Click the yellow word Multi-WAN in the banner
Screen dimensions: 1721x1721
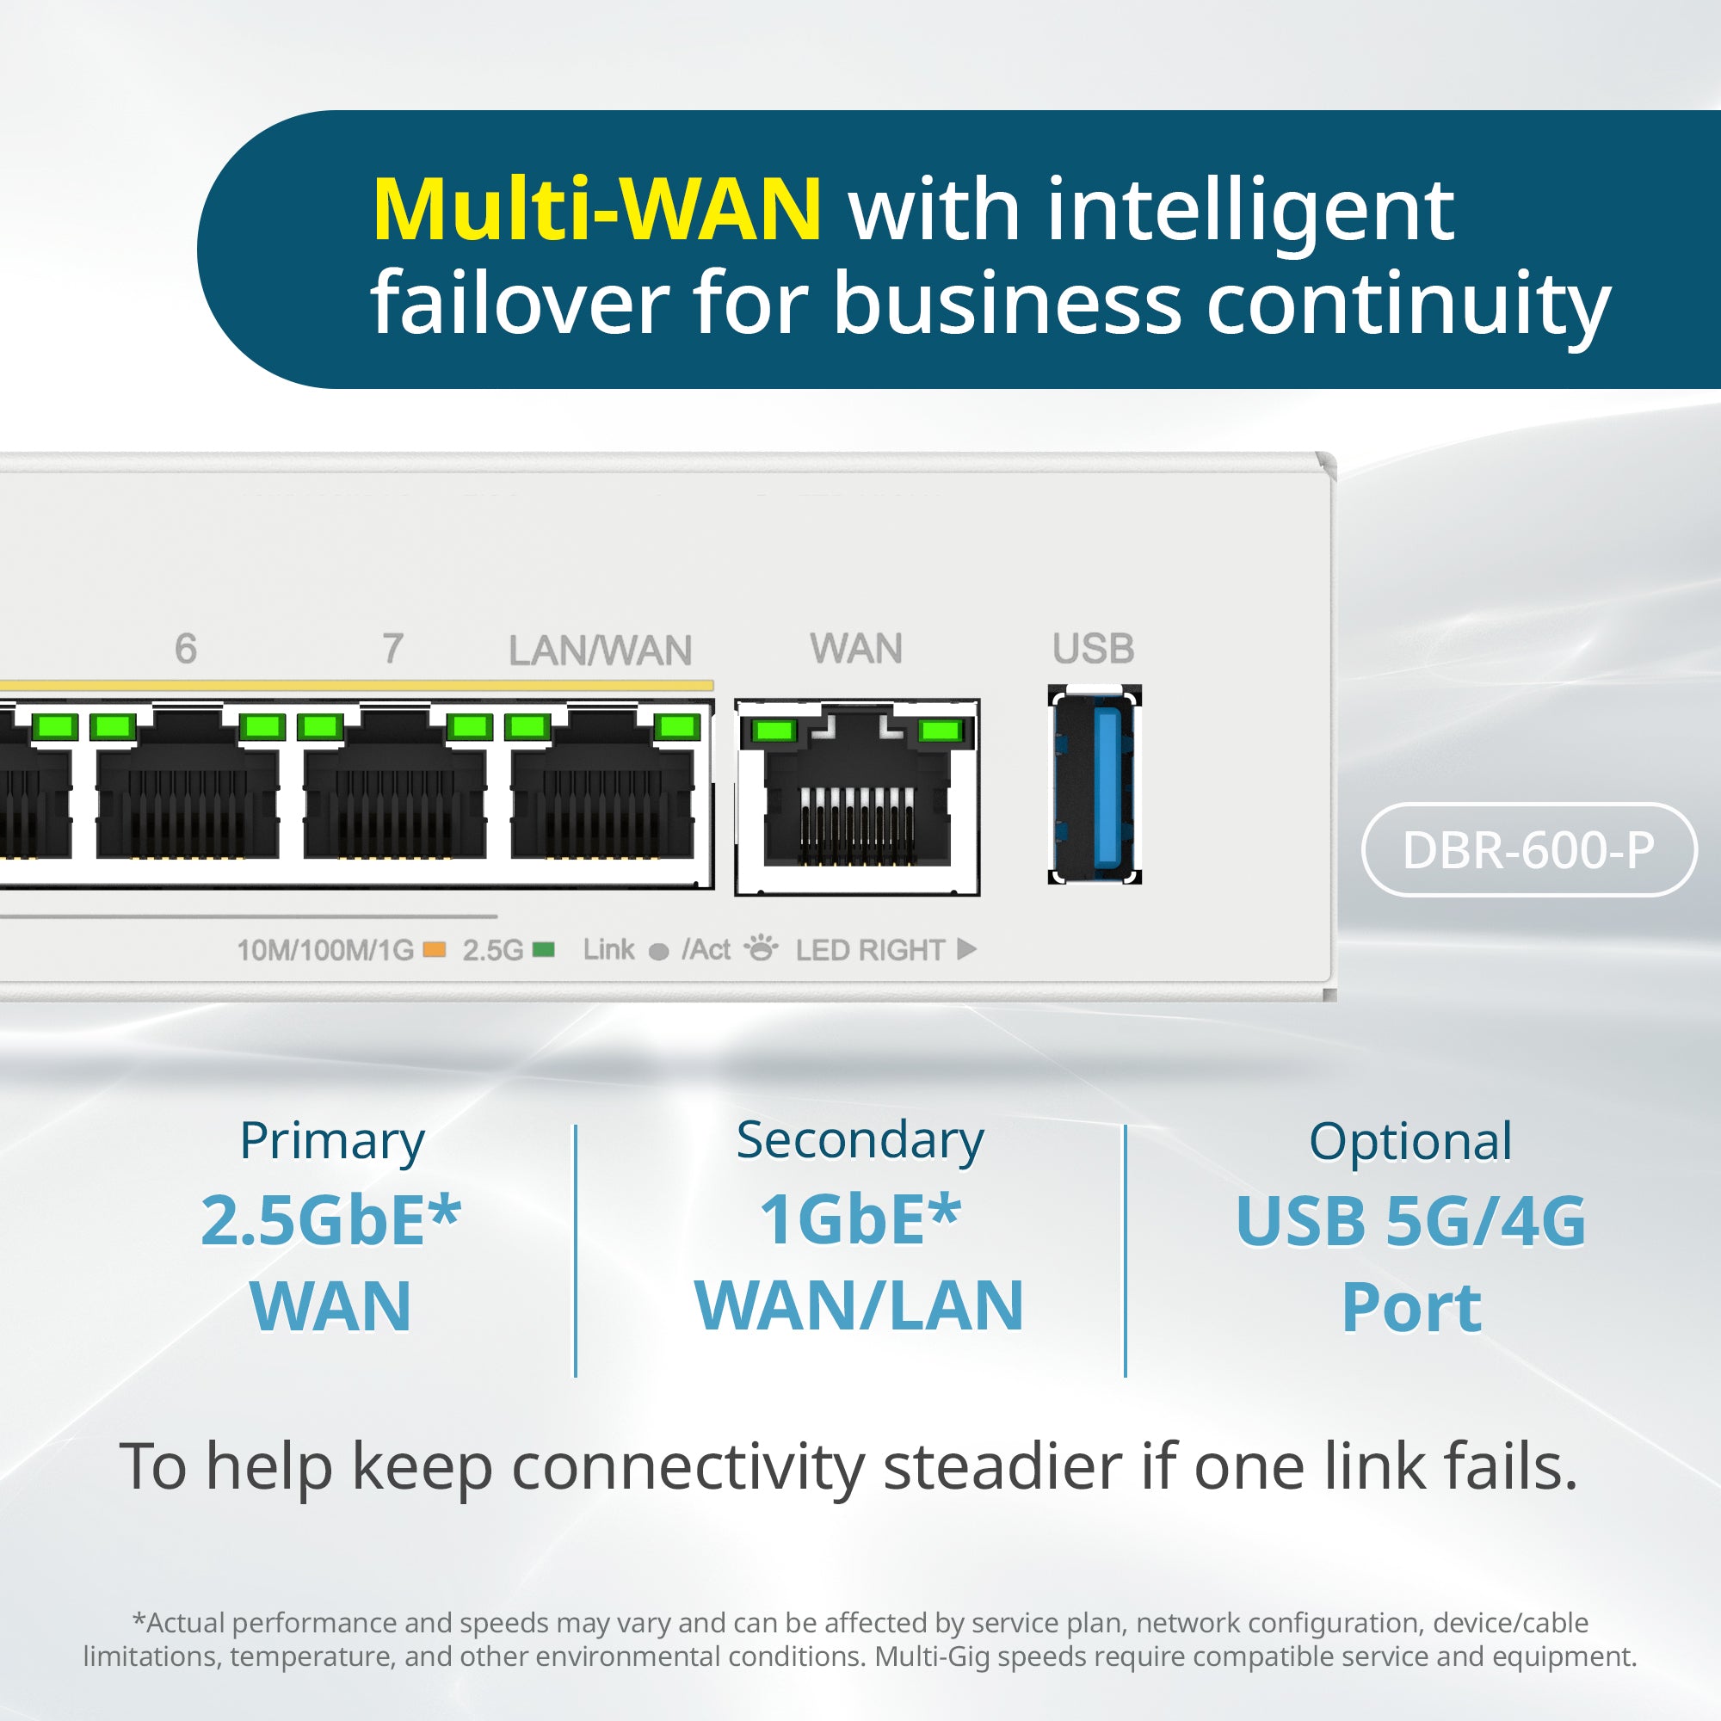(596, 210)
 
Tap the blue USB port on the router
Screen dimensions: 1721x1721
(1095, 785)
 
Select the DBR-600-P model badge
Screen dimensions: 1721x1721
(1528, 850)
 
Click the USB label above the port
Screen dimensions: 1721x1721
(1093, 649)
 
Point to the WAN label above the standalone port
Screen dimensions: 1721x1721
(856, 649)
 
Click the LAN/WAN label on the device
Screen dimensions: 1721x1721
(601, 651)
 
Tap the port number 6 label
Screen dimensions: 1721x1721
(185, 649)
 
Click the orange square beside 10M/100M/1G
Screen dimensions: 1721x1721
(435, 950)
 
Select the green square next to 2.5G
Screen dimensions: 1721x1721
(543, 950)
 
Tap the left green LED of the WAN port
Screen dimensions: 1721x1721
(774, 731)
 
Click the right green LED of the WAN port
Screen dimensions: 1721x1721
(940, 731)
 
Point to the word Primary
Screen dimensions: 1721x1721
(332, 1142)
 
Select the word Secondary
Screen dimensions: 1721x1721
(860, 1140)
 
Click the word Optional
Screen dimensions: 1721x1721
(1410, 1141)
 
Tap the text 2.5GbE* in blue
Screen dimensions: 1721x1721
(330, 1220)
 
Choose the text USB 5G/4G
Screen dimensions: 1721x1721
(1410, 1221)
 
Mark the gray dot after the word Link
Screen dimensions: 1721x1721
(659, 953)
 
